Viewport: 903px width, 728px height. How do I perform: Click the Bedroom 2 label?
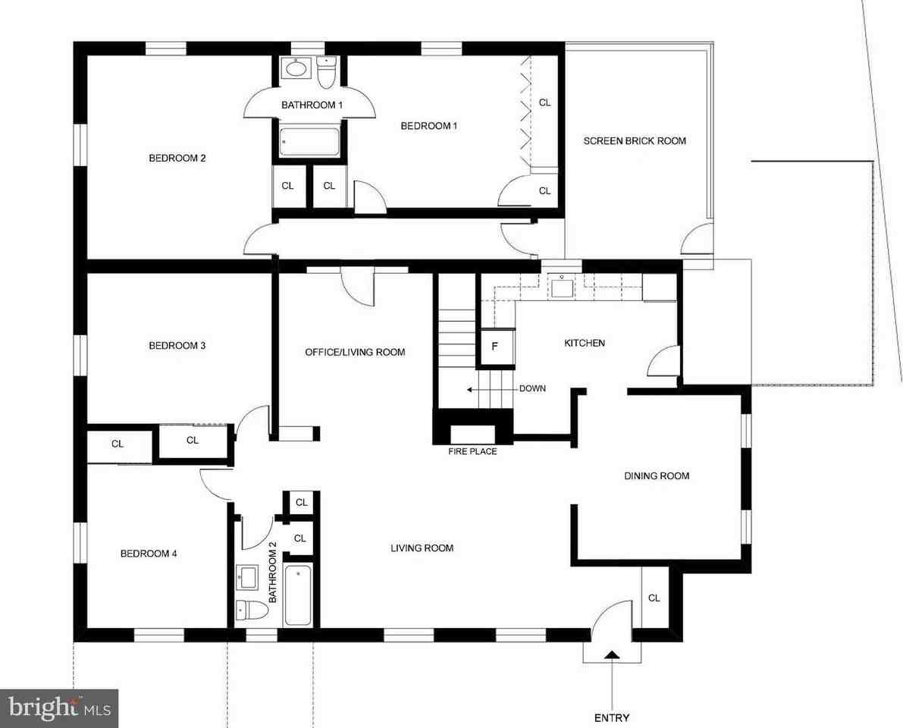coord(177,158)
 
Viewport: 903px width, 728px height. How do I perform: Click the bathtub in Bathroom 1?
coord(309,142)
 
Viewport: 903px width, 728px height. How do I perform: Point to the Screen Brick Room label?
coord(635,140)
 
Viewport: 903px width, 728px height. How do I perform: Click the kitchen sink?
coord(561,287)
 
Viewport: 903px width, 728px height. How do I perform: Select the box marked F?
coord(494,347)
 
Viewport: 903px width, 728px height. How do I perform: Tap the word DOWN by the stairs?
coord(532,389)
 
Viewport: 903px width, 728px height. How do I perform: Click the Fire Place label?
coord(473,452)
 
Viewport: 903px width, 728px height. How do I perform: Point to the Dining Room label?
coord(657,476)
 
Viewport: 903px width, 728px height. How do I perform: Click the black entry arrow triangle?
coord(612,654)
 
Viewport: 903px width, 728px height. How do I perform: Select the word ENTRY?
coord(612,717)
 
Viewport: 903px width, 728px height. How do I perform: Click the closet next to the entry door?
coord(654,598)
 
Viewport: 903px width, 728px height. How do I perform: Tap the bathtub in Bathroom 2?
coord(298,595)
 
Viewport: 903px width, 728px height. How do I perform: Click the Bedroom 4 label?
coord(149,554)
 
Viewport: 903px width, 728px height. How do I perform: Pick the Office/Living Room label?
coord(355,352)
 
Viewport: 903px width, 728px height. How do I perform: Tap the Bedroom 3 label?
coord(177,346)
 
